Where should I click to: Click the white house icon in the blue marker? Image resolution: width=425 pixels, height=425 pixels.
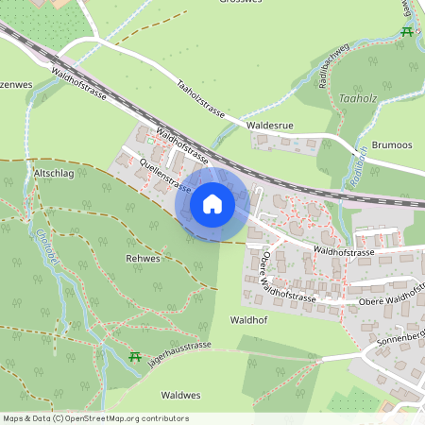pyautogui.click(x=212, y=203)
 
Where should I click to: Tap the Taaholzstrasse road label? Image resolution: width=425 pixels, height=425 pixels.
pyautogui.click(x=200, y=98)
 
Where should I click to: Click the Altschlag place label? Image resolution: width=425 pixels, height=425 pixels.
pyautogui.click(x=54, y=175)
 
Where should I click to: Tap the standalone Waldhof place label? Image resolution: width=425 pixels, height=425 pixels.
pyautogui.click(x=250, y=320)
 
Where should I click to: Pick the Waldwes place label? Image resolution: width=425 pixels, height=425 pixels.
pyautogui.click(x=179, y=395)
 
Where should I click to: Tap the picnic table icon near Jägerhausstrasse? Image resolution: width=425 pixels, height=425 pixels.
pyautogui.click(x=134, y=356)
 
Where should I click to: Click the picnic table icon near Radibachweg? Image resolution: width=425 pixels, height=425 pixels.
pyautogui.click(x=407, y=32)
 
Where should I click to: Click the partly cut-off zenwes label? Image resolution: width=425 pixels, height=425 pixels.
pyautogui.click(x=15, y=84)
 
